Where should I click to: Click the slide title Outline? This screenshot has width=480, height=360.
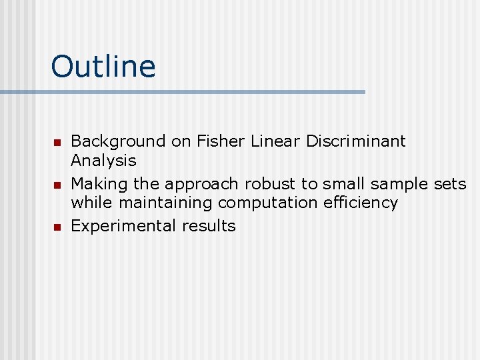click(103, 67)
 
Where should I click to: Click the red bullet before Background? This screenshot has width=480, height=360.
click(57, 143)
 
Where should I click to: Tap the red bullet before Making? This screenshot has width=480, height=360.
click(57, 185)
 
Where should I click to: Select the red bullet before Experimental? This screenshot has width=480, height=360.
click(57, 227)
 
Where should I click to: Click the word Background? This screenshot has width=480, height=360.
click(118, 141)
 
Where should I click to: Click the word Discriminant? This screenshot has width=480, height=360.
click(355, 141)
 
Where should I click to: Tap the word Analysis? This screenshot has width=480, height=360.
click(103, 161)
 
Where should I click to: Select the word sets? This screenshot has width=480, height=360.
click(451, 183)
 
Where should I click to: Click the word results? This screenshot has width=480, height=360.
click(209, 226)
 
